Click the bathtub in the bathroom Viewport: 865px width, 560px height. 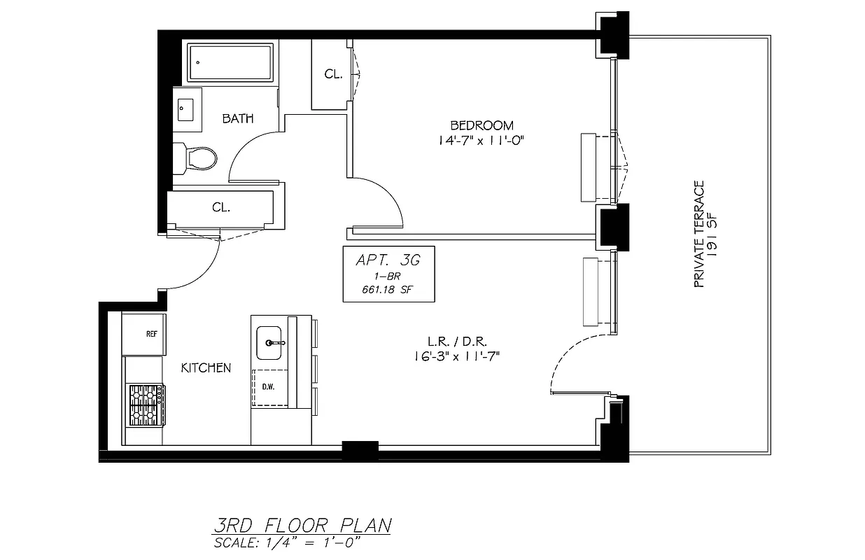pos(230,62)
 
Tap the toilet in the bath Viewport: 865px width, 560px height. pos(199,157)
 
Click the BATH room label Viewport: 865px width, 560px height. pos(238,118)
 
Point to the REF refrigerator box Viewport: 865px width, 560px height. pos(151,334)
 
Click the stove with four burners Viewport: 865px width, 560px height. pos(146,405)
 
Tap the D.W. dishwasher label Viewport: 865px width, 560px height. pos(267,386)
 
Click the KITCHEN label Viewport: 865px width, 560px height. pos(206,367)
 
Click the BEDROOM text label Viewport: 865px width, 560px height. pos(481,125)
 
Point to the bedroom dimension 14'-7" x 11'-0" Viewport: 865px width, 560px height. pos(481,140)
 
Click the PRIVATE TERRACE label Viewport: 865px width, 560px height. pos(698,234)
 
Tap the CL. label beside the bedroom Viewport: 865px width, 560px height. pos(333,74)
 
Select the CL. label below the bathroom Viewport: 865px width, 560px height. pos(221,208)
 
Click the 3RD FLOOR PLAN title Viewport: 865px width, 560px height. pos(302,526)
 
